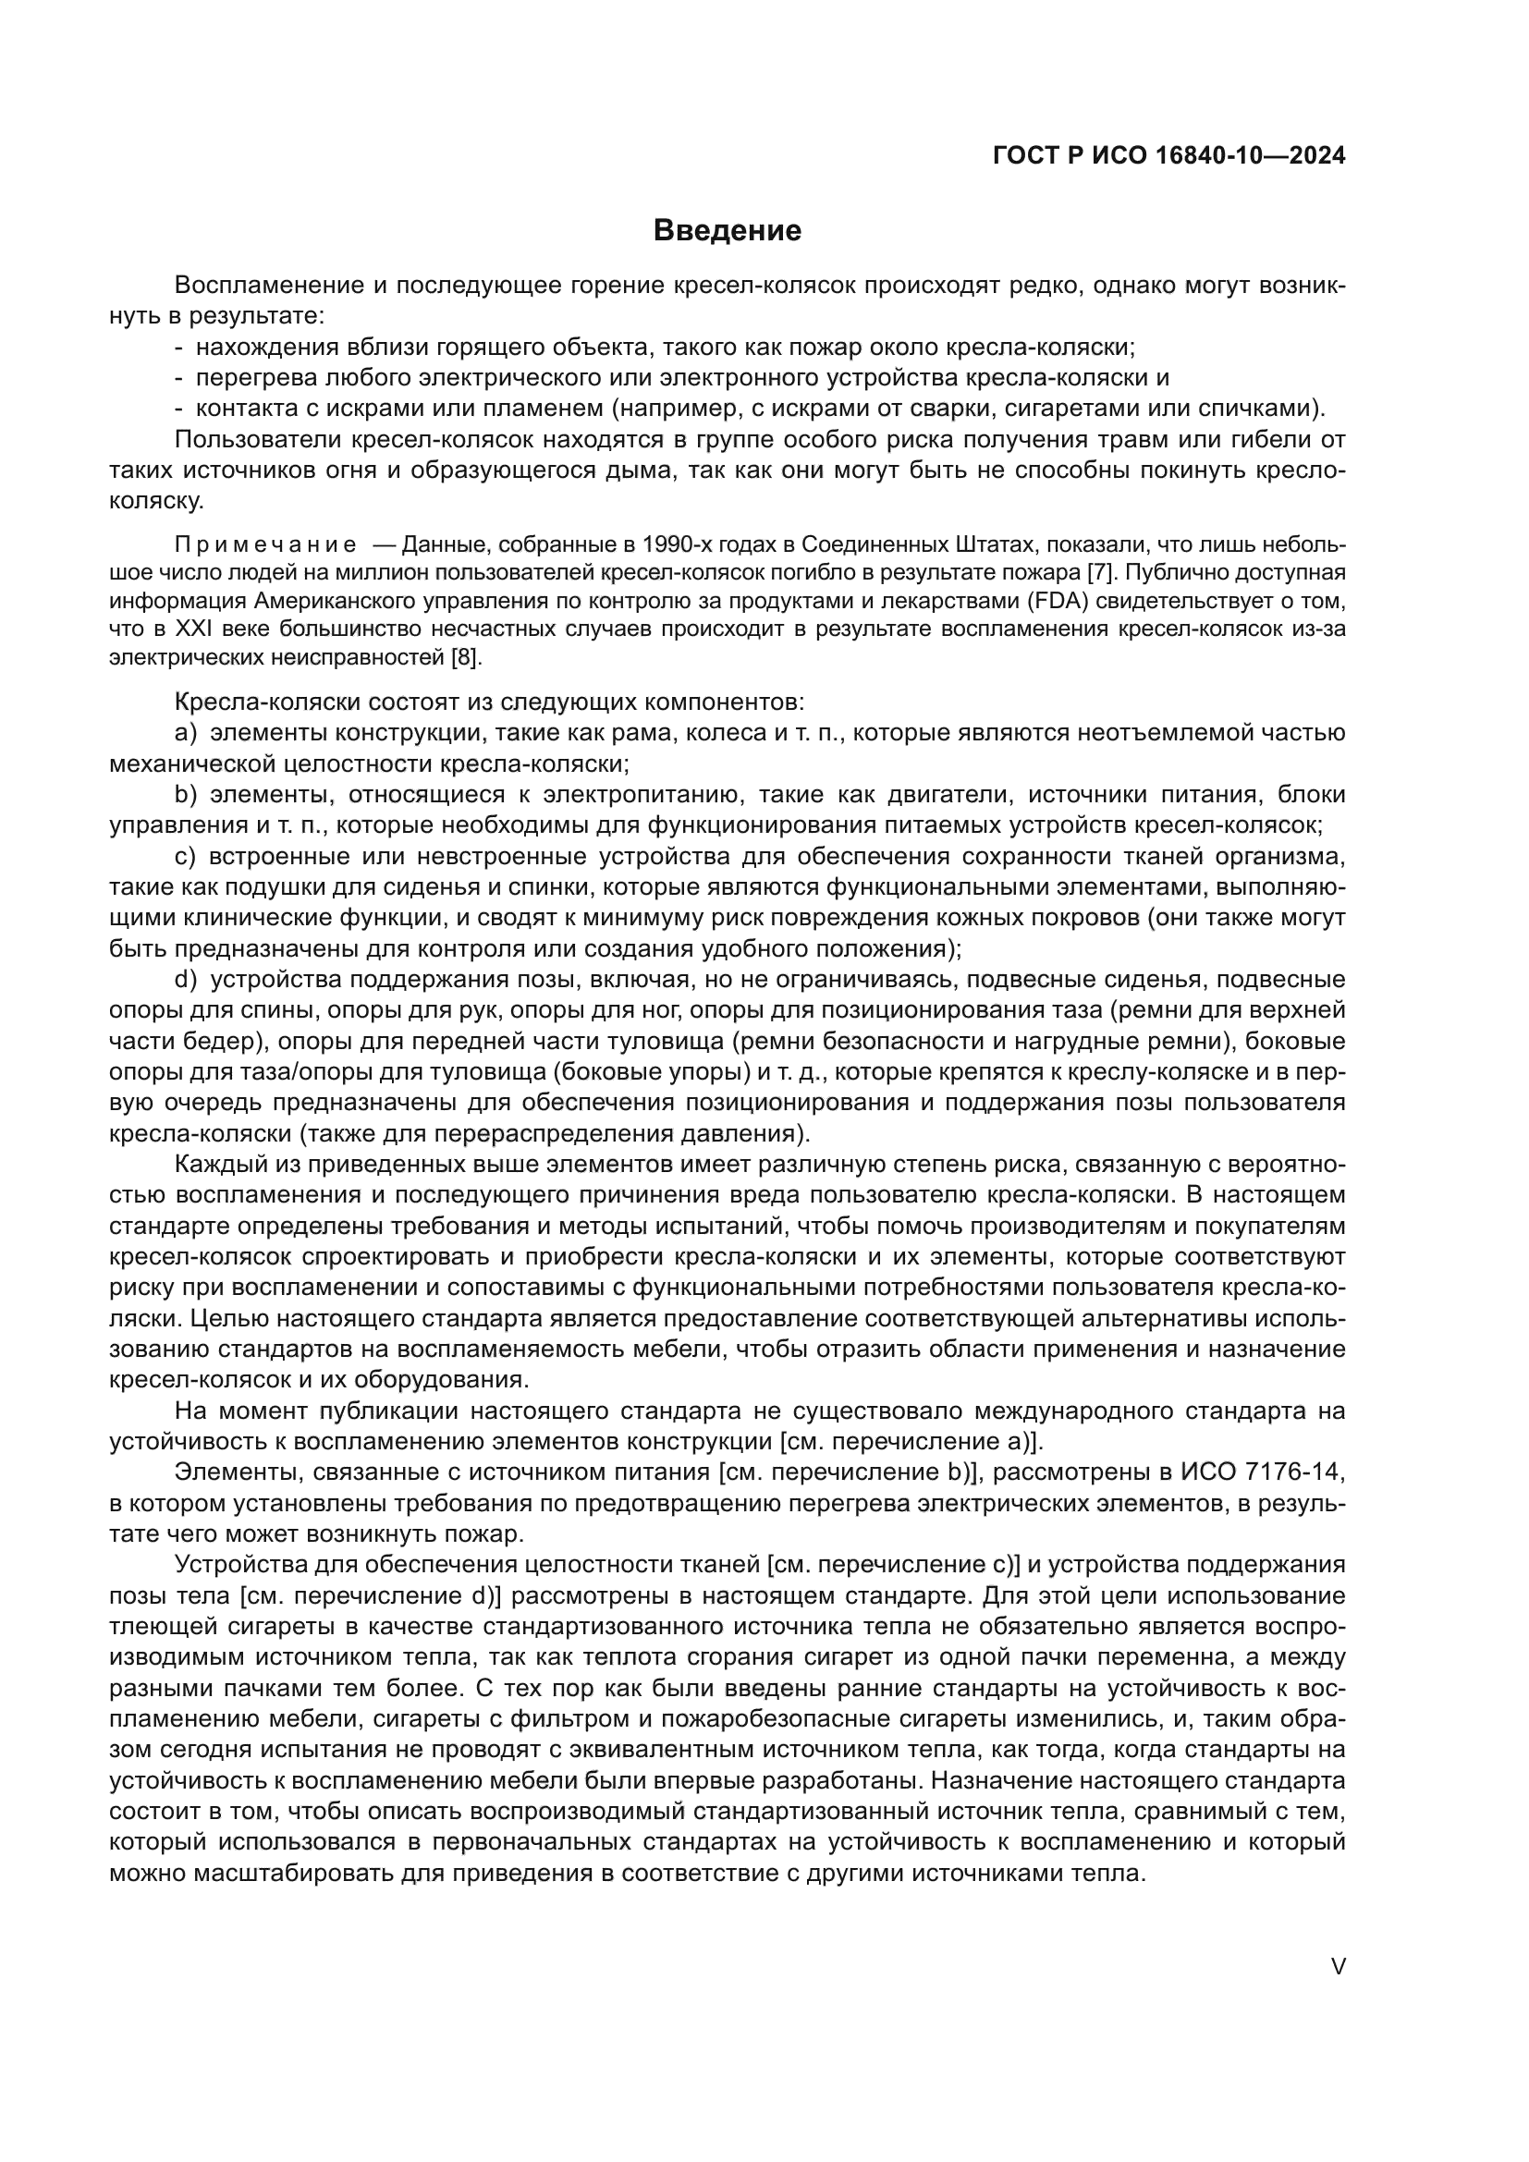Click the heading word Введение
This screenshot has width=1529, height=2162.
tap(727, 231)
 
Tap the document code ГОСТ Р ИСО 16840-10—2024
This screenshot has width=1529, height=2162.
tap(1168, 156)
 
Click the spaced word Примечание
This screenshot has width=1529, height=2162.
tap(265, 544)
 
